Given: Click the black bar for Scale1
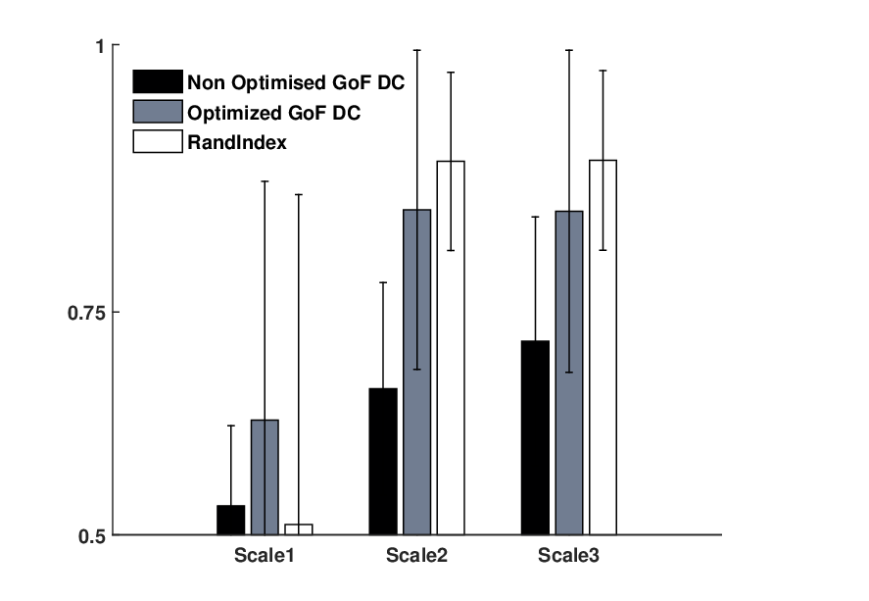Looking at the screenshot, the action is pos(230,520).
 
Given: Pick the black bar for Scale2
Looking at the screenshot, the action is pos(383,461).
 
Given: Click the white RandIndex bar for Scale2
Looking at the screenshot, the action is pos(451,348).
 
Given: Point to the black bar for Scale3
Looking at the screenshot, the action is pos(535,437).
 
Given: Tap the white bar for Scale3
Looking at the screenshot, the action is pos(603,347).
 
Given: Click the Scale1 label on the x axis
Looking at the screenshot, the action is pos(265,555).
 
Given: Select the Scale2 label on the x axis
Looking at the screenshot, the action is pos(416,555).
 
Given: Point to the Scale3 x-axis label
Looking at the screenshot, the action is pos(568,555).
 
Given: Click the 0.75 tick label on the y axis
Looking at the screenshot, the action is pos(86,313).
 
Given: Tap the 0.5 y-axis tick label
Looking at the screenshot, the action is pos(91,536).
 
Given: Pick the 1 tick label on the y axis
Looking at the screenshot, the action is pos(100,47).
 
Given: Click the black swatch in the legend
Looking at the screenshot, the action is pos(158,81).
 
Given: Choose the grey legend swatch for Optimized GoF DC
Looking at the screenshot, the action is pos(158,112).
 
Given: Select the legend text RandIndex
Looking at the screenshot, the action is pos(237,142).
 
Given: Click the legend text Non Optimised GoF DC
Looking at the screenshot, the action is pos(296,82).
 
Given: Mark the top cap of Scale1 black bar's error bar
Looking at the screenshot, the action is pos(231,426).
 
